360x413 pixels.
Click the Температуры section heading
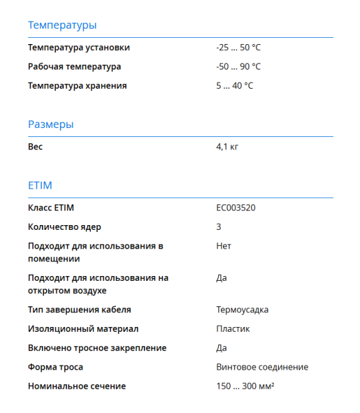[62, 25]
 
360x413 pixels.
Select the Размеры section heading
[51, 125]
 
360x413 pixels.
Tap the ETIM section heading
[40, 186]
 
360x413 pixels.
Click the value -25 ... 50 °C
[238, 47]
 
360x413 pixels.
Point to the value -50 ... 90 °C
[238, 67]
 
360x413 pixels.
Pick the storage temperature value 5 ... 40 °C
[235, 86]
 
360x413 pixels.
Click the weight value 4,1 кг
[227, 147]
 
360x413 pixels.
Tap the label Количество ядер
[69, 226]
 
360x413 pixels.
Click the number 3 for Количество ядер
[219, 226]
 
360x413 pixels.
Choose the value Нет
[224, 246]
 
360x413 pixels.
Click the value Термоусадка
[242, 310]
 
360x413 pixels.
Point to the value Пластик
[233, 329]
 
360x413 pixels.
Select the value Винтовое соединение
[262, 368]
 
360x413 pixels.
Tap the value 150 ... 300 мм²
[246, 386]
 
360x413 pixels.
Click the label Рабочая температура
[74, 67]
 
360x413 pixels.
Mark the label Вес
[35, 147]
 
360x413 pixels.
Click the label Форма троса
[55, 368]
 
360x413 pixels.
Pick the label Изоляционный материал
[83, 329]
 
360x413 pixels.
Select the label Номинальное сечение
[77, 387]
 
